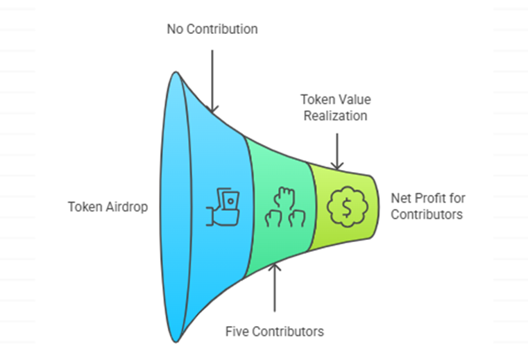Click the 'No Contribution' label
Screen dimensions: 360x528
[212, 29]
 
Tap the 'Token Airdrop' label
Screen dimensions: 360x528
[108, 207]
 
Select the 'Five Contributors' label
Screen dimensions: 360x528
[275, 331]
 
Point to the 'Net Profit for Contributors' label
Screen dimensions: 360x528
[427, 206]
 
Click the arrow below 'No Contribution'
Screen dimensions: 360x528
[213, 77]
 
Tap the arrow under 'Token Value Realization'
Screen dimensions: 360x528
[337, 150]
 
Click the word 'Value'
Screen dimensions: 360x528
[352, 100]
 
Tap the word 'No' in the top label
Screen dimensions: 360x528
[175, 29]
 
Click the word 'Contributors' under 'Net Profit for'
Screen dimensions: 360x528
[427, 214]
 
